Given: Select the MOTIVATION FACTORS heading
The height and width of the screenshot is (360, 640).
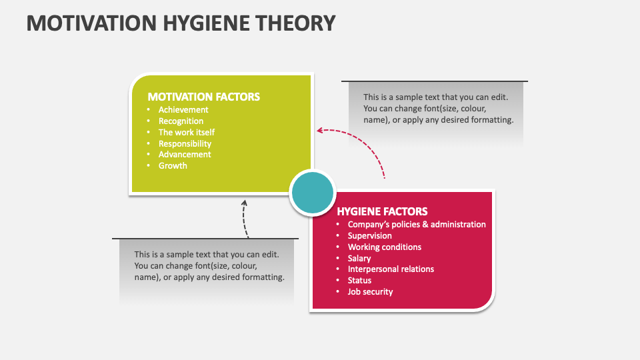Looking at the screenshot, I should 203,97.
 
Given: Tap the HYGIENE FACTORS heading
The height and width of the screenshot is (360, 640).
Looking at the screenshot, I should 382,211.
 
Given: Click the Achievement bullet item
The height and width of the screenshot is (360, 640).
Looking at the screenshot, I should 183,110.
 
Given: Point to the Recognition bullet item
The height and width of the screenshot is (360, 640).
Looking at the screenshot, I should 181,121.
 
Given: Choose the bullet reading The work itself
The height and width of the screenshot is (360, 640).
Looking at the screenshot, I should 187,132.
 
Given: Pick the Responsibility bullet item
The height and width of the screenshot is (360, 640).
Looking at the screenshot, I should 185,143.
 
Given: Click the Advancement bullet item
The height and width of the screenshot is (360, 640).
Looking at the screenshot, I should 185,155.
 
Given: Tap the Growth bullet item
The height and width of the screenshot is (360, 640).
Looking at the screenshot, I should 173,166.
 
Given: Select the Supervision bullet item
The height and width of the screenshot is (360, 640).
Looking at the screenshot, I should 369,236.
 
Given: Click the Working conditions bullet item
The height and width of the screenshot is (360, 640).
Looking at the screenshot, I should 384,247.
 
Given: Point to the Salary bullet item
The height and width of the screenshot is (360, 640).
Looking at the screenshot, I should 359,258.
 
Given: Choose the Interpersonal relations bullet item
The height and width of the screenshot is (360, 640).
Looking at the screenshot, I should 391,269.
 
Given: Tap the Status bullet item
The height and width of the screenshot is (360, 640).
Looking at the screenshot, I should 359,281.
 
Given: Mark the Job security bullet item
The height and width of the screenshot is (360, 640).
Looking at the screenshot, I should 370,292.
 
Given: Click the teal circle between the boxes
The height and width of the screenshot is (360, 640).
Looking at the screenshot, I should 313,193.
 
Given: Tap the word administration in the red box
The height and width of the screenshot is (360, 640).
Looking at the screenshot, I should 458,225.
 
